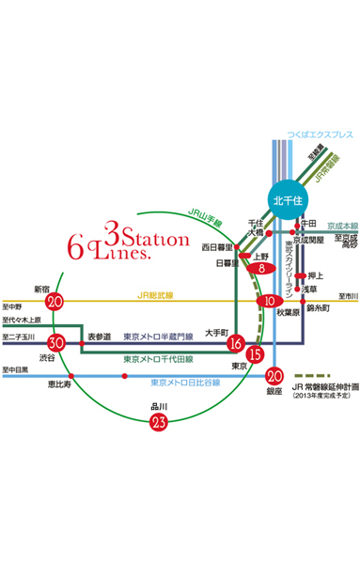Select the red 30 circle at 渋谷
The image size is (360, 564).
pyautogui.click(x=56, y=342)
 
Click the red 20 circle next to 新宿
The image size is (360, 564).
pyautogui.click(x=55, y=302)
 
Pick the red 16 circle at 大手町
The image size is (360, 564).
pyautogui.click(x=235, y=343)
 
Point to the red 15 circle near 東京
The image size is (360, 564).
pyautogui.click(x=254, y=354)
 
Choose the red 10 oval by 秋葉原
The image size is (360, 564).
pyautogui.click(x=269, y=302)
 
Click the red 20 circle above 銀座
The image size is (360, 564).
pyautogui.click(x=274, y=373)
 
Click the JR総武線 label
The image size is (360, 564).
pyautogui.click(x=156, y=295)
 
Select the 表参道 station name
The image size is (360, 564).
pyautogui.click(x=100, y=336)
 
